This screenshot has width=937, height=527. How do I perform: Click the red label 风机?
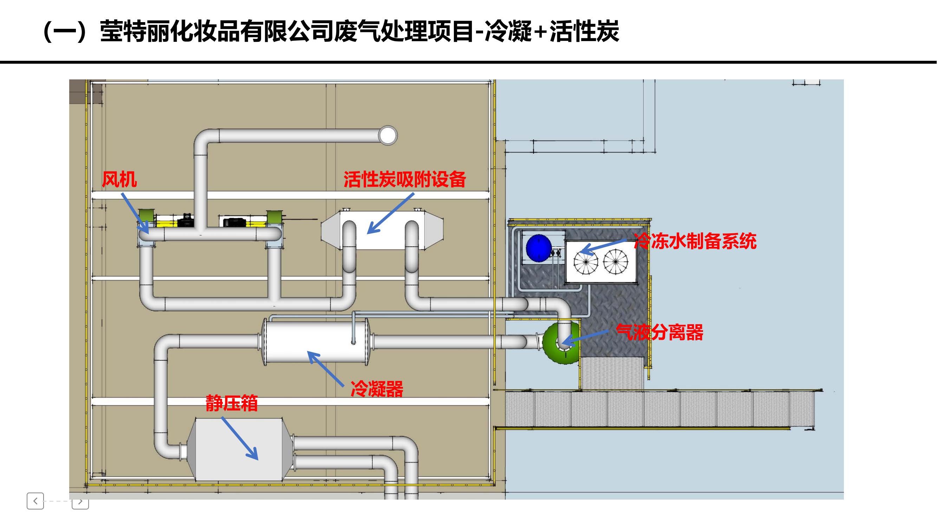point(119,179)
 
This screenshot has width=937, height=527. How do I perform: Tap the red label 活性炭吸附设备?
point(404,179)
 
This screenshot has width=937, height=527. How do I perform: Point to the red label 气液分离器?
point(659,332)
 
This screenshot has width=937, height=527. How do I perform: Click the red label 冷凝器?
point(377,389)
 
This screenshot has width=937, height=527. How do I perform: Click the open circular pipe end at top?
point(388,135)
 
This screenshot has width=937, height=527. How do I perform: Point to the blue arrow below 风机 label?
point(135,213)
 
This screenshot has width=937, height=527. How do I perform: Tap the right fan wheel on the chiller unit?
point(616,261)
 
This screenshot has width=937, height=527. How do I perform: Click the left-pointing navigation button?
point(35,501)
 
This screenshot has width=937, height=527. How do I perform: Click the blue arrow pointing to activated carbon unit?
point(391,214)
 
